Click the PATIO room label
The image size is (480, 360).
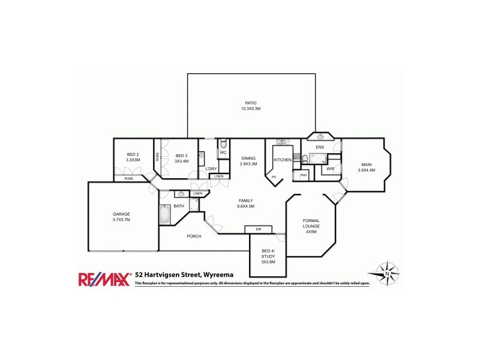(x=251, y=103)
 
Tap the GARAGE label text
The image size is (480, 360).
(x=121, y=214)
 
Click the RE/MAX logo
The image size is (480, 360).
(x=104, y=278)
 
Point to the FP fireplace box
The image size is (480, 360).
(x=259, y=229)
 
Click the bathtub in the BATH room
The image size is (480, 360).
(x=165, y=214)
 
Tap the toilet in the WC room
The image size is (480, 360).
(x=223, y=144)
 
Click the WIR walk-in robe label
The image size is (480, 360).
(x=330, y=169)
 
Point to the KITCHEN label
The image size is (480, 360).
(x=283, y=160)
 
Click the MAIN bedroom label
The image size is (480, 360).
(x=366, y=164)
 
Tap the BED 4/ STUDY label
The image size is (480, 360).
(x=268, y=253)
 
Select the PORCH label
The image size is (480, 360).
(x=194, y=236)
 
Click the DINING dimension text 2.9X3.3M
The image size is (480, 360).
(x=248, y=164)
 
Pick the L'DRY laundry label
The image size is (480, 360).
(x=211, y=169)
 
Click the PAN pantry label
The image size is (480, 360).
(x=304, y=175)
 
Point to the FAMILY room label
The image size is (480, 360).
(x=245, y=200)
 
